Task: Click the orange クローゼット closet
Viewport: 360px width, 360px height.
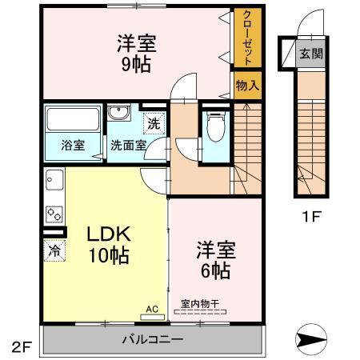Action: click(247, 39)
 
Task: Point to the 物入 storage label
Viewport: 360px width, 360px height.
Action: click(247, 85)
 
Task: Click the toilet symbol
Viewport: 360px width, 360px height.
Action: click(214, 126)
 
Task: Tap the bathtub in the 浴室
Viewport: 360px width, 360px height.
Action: click(72, 121)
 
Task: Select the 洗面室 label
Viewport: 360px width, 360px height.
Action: click(128, 146)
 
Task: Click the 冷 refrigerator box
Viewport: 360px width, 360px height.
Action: click(54, 250)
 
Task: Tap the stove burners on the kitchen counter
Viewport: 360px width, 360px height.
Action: click(54, 214)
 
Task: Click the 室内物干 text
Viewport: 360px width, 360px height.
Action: click(200, 303)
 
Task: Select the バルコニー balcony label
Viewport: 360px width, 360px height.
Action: click(152, 340)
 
